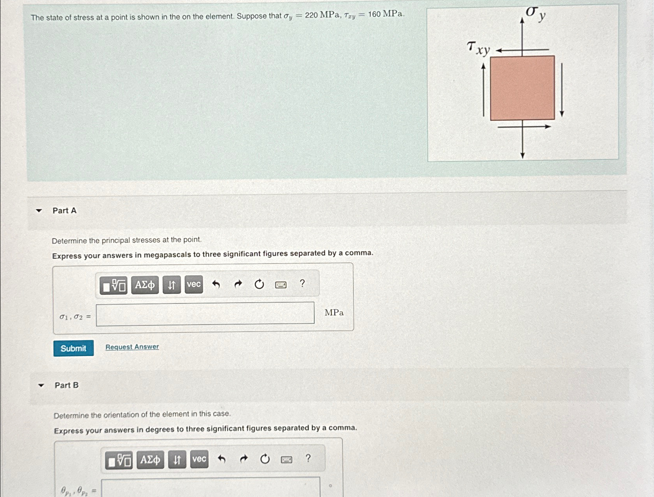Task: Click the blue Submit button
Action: click(74, 348)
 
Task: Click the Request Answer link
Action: click(132, 347)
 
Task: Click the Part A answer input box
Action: click(205, 313)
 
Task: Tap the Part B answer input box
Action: click(211, 487)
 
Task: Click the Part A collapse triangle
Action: click(39, 210)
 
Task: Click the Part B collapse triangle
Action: click(41, 385)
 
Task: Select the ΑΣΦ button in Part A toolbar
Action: click(145, 285)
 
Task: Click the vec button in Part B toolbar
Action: click(199, 459)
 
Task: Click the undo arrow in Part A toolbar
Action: click(216, 284)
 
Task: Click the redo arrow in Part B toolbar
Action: click(243, 459)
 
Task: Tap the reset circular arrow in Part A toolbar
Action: click(259, 284)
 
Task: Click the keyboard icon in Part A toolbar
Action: click(281, 285)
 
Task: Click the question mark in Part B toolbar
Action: click(308, 458)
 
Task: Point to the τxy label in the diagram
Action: click(478, 48)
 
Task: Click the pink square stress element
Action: click(522, 88)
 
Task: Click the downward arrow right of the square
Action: click(562, 90)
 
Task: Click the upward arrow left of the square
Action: click(484, 90)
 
